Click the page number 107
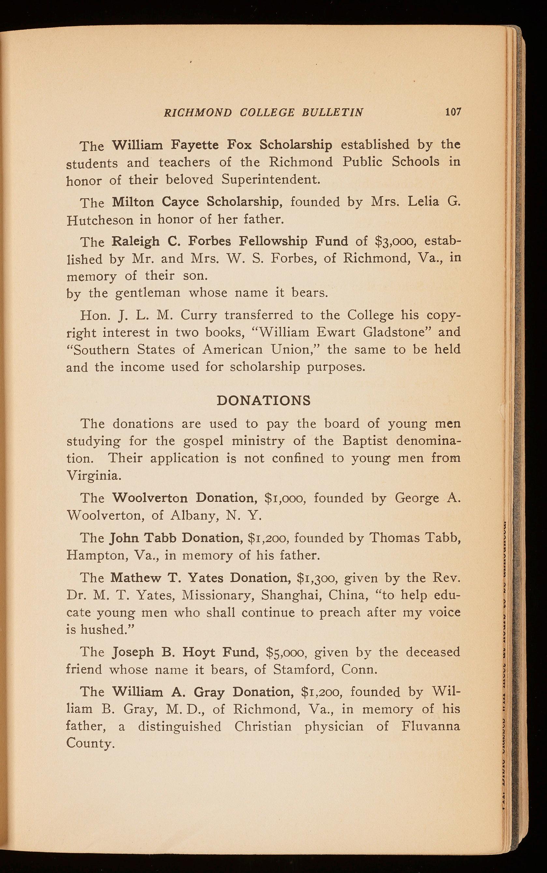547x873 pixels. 453,111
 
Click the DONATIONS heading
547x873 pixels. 263,401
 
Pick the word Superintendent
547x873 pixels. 271,180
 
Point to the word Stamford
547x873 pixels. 302,670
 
